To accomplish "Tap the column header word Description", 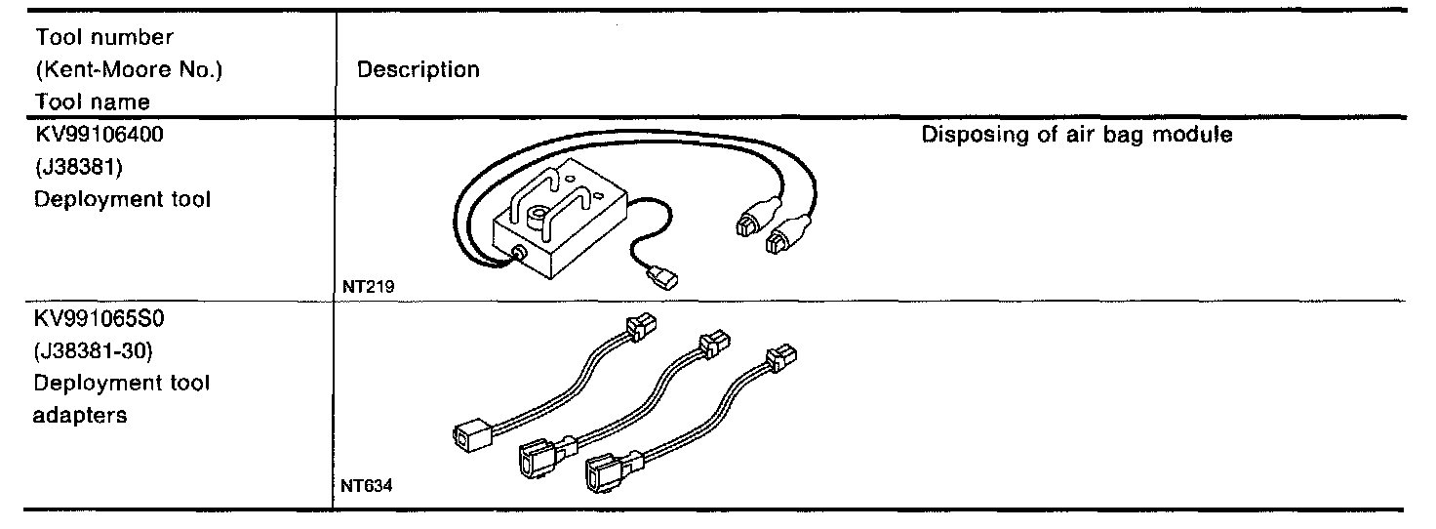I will (419, 70).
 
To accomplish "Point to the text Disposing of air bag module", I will (1076, 134).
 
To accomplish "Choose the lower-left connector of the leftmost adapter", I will (471, 435).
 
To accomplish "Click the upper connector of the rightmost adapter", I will (782, 361).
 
